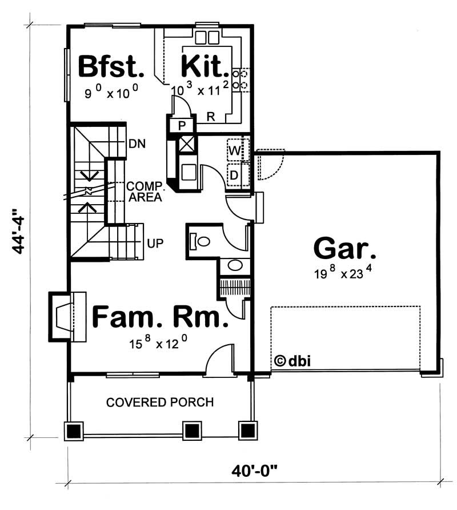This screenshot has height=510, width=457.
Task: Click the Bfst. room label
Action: (110, 67)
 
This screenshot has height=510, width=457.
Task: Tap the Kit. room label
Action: (205, 67)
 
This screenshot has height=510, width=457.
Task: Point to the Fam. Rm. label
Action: (159, 317)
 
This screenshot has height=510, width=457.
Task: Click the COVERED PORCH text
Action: (160, 403)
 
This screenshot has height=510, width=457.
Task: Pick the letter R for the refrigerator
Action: (210, 118)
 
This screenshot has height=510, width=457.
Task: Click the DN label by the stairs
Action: (137, 144)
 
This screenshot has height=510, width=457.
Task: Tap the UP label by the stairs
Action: (155, 243)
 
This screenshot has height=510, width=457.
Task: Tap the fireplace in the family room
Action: (64, 316)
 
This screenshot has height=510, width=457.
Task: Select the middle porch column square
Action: (191, 431)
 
